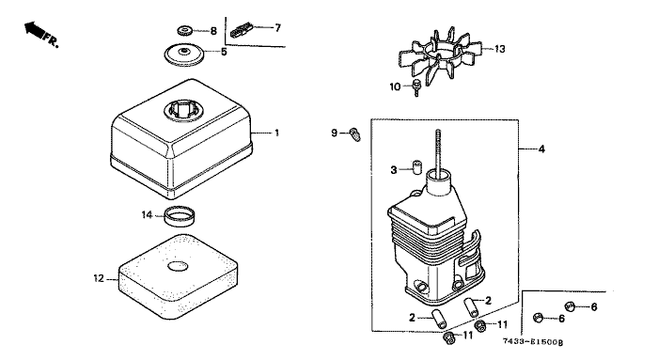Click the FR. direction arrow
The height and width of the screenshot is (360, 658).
(35, 30)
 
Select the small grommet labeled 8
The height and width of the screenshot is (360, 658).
(184, 31)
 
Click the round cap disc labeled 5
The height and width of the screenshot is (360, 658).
(184, 55)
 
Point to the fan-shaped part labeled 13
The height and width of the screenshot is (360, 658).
(441, 57)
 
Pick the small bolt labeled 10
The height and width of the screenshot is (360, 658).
(416, 87)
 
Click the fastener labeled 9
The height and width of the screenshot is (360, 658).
(355, 134)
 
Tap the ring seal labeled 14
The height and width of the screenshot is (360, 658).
(180, 215)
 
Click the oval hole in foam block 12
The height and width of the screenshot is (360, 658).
(178, 266)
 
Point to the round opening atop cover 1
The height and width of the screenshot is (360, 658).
(184, 110)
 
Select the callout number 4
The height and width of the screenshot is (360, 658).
(541, 149)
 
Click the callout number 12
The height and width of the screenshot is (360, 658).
(99, 278)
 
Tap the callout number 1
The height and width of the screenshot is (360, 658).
(276, 133)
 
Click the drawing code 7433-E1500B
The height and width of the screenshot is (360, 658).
(533, 342)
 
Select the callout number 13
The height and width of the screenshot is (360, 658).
(500, 49)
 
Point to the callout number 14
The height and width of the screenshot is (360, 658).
(147, 215)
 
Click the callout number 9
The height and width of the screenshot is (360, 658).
(334, 133)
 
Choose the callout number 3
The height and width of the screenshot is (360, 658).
(394, 170)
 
